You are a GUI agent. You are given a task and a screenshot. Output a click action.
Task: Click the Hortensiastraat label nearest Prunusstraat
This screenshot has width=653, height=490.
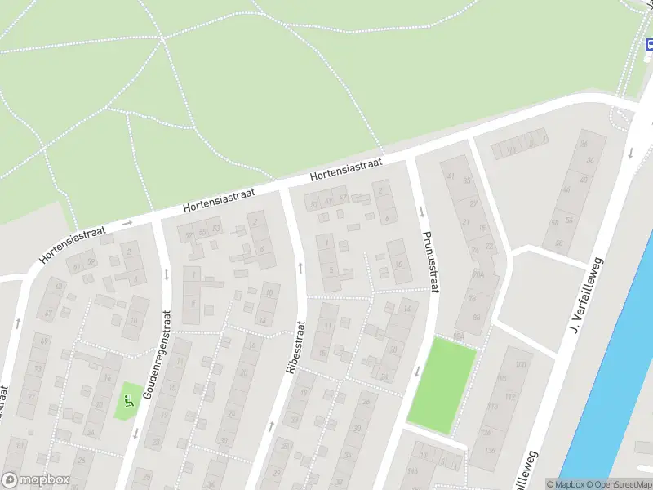click(x=346, y=171)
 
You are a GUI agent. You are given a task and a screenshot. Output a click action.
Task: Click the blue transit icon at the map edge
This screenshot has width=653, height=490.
click(x=649, y=45)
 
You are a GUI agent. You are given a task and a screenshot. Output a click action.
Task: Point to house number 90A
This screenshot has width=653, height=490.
click(x=478, y=275)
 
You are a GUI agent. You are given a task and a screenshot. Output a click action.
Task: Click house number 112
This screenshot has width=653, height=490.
click(x=511, y=398)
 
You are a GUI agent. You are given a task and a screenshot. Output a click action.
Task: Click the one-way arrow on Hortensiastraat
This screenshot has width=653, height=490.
click(x=127, y=222)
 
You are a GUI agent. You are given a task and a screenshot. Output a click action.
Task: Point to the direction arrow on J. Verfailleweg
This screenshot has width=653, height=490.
click(x=630, y=152)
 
